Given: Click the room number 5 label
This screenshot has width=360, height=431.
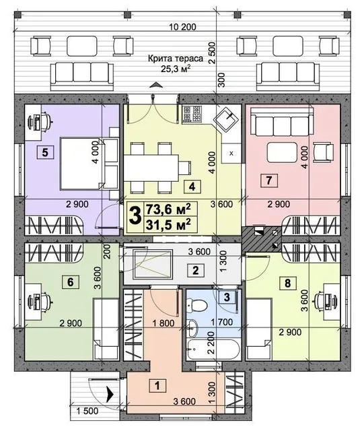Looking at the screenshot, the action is pos(45,152).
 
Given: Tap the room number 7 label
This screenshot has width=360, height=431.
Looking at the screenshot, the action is pos(269,180).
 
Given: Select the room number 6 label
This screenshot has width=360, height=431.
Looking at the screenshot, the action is pos(70,282).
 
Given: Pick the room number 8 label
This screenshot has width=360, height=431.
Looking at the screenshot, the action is pos(287,283).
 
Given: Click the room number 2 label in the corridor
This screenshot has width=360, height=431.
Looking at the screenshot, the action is pos(196,270).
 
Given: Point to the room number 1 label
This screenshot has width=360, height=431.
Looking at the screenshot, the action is pos(157,386).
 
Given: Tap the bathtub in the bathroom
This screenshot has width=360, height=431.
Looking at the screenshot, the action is pos(212,349).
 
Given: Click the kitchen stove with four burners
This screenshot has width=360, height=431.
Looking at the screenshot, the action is pos(192,114).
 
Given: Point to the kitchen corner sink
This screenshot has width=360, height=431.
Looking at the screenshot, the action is pos(227,119).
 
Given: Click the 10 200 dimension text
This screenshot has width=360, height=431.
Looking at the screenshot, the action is pos(182,27).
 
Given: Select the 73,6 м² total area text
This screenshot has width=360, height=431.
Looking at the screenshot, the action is pos(168,209).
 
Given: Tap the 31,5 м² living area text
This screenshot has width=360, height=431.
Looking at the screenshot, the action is pos(168,225).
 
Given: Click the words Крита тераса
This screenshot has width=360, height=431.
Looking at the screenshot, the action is pos(176,59).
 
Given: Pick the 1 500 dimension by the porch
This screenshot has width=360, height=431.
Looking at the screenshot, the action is pos(87,411).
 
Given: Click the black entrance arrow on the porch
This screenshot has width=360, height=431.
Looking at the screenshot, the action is pos(110,395).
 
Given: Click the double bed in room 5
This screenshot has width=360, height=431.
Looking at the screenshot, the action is pos(89,164).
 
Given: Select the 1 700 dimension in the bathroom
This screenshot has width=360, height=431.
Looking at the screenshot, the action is pos(221,322).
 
